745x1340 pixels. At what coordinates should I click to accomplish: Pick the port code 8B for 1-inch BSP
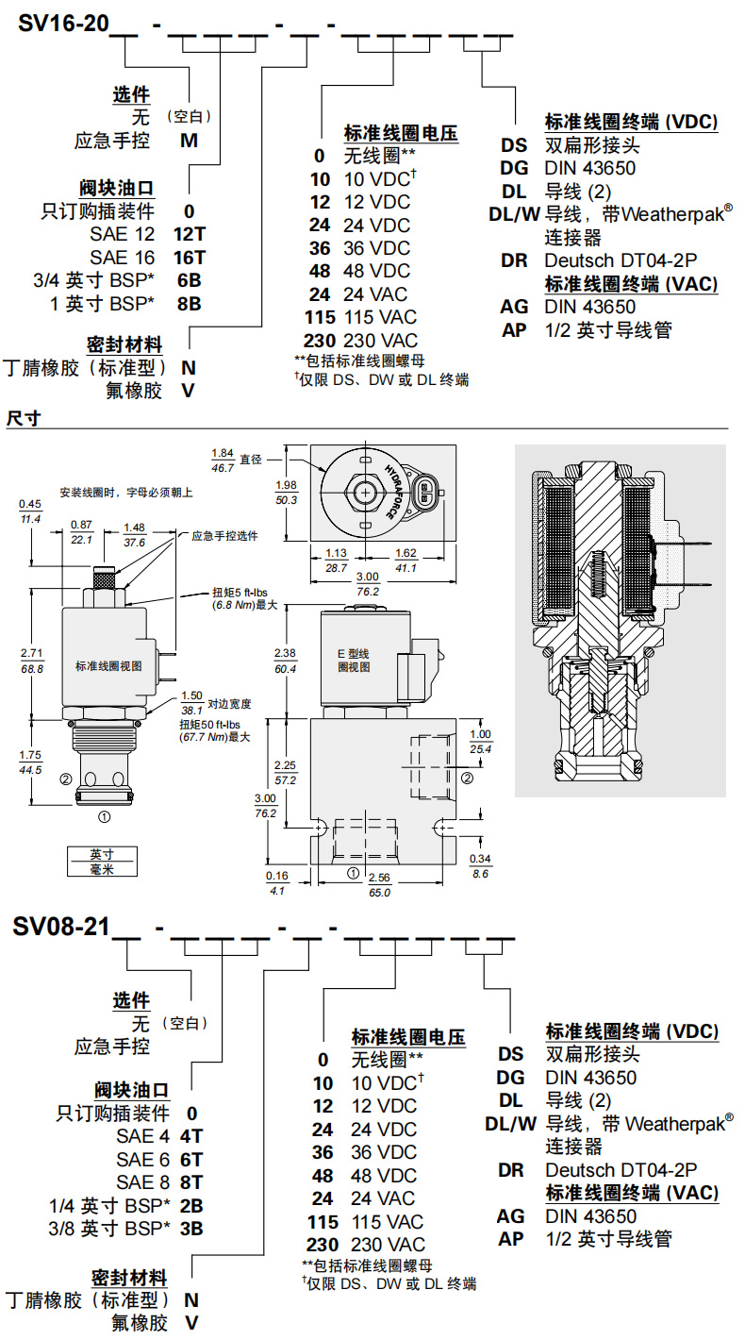click(190, 303)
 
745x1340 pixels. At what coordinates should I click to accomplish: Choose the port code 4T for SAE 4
click(191, 1137)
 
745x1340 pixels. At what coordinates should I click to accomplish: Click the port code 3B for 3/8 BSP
click(191, 1228)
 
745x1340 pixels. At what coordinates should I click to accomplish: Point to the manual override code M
click(190, 142)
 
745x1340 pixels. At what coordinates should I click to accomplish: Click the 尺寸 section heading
click(22, 418)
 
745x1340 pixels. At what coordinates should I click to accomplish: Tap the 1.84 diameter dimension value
click(223, 454)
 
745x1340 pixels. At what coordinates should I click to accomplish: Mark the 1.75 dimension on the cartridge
click(31, 754)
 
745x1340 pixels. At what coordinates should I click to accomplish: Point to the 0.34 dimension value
click(480, 858)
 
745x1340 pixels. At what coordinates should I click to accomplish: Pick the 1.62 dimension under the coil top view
click(406, 554)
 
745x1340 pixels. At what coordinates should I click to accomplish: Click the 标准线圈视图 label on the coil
click(108, 664)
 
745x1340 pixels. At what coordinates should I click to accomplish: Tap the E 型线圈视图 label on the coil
click(354, 660)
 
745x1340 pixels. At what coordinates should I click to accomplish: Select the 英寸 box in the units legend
click(101, 853)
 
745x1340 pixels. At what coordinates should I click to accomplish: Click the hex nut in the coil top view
click(362, 491)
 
